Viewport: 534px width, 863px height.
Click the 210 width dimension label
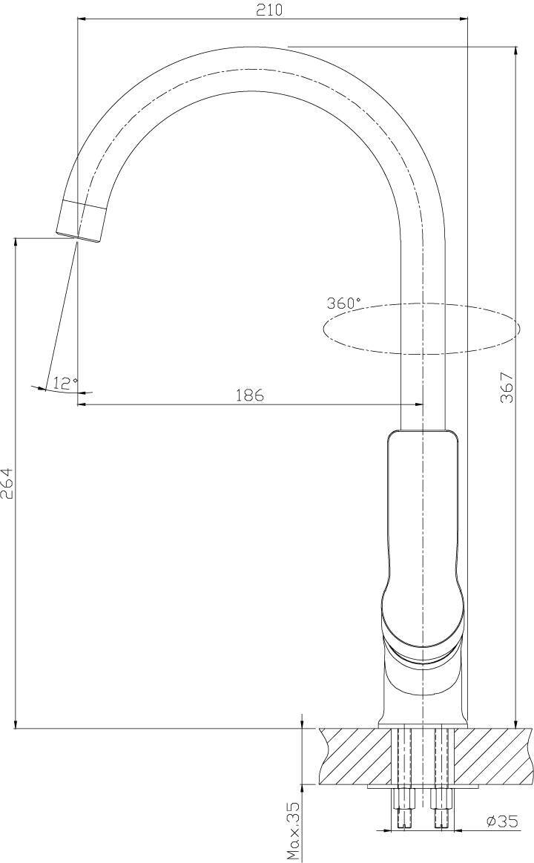click(270, 10)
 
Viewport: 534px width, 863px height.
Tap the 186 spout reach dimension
click(250, 395)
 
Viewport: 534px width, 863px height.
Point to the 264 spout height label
click(7, 484)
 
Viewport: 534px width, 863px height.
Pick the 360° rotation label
click(344, 303)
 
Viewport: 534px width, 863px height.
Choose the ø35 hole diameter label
click(502, 821)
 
